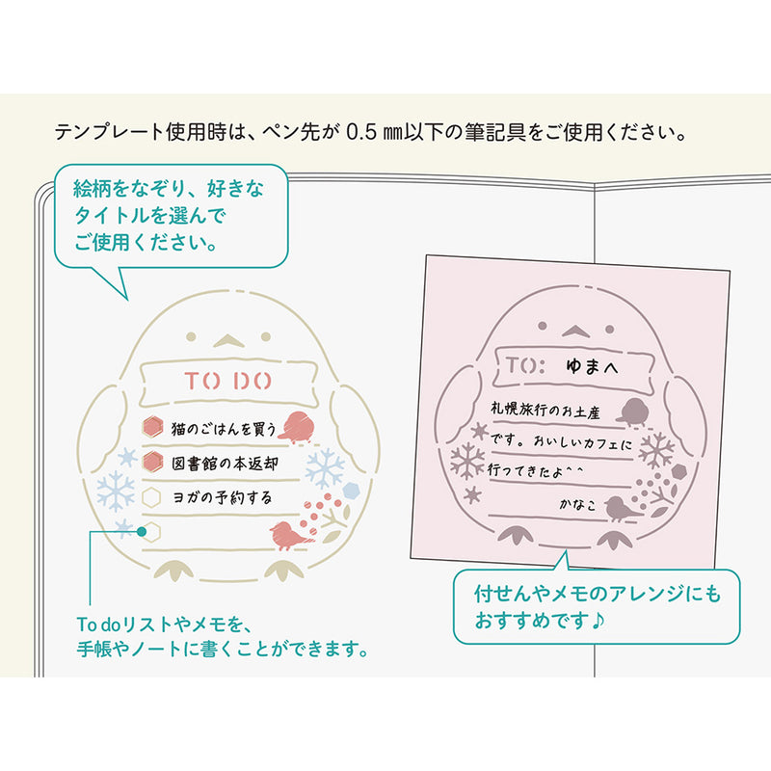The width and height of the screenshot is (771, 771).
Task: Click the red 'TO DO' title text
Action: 227,381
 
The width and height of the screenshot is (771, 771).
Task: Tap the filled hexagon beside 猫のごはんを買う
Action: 152,427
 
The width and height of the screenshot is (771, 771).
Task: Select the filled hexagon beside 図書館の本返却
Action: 152,462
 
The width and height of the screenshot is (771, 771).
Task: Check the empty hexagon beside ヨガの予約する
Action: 151,497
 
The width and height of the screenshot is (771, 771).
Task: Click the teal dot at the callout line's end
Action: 142,531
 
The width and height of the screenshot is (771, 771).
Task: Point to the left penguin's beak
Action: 228,340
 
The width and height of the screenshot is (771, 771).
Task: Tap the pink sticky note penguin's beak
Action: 575,331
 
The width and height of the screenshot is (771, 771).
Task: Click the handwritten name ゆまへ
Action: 592,366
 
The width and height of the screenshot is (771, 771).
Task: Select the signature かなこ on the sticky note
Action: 577,503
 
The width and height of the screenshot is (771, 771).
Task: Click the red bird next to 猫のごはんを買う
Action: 297,427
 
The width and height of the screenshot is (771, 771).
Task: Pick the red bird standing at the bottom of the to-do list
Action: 290,535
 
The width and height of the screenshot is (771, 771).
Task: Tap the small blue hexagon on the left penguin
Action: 351,491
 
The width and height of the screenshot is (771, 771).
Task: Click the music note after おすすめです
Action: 598,621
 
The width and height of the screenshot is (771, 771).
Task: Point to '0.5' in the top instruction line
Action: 361,132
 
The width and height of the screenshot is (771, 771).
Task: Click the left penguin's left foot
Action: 173,571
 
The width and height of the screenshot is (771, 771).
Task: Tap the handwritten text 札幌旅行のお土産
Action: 545,409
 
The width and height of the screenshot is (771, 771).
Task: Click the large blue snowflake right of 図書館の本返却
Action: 325,468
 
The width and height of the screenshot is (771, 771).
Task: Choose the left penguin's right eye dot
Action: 266,336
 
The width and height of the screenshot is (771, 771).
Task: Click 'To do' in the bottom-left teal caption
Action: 99,625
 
